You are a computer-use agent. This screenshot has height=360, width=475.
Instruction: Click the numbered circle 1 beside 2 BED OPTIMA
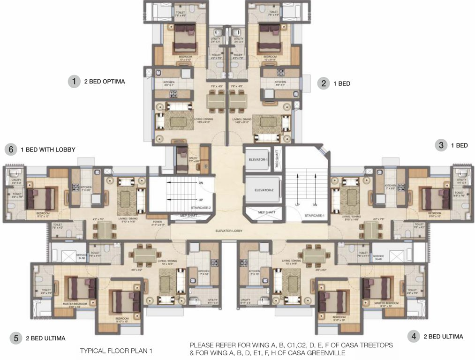click(x=74, y=82)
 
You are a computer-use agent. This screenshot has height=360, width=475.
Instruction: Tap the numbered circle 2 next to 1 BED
click(x=323, y=83)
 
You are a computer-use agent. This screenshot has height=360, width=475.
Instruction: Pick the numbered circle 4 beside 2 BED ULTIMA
click(x=413, y=336)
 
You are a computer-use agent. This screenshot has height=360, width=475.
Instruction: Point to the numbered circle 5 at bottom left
click(x=16, y=338)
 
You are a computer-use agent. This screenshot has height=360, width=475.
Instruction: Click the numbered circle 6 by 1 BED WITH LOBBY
click(x=10, y=150)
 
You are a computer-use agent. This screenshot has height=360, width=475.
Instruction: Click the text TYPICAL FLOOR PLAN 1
click(x=116, y=351)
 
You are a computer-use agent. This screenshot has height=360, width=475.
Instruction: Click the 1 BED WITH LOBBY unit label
click(x=48, y=150)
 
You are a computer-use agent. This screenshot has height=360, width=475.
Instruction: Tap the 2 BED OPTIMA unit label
click(x=105, y=82)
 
